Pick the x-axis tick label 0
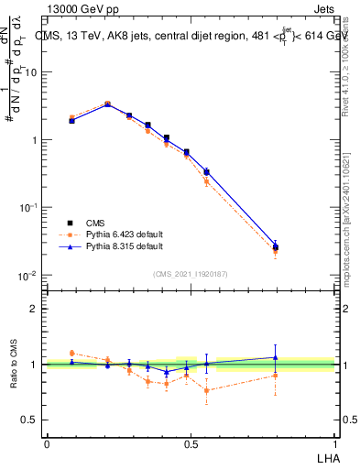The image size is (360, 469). pos(47,443)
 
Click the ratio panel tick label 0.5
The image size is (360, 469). pos(29,420)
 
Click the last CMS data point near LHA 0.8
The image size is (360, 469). pos(276,246)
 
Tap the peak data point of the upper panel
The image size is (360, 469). pos(107,104)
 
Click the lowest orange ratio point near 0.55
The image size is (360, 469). pos(207,390)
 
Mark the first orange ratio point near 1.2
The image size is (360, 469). pos(72,353)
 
